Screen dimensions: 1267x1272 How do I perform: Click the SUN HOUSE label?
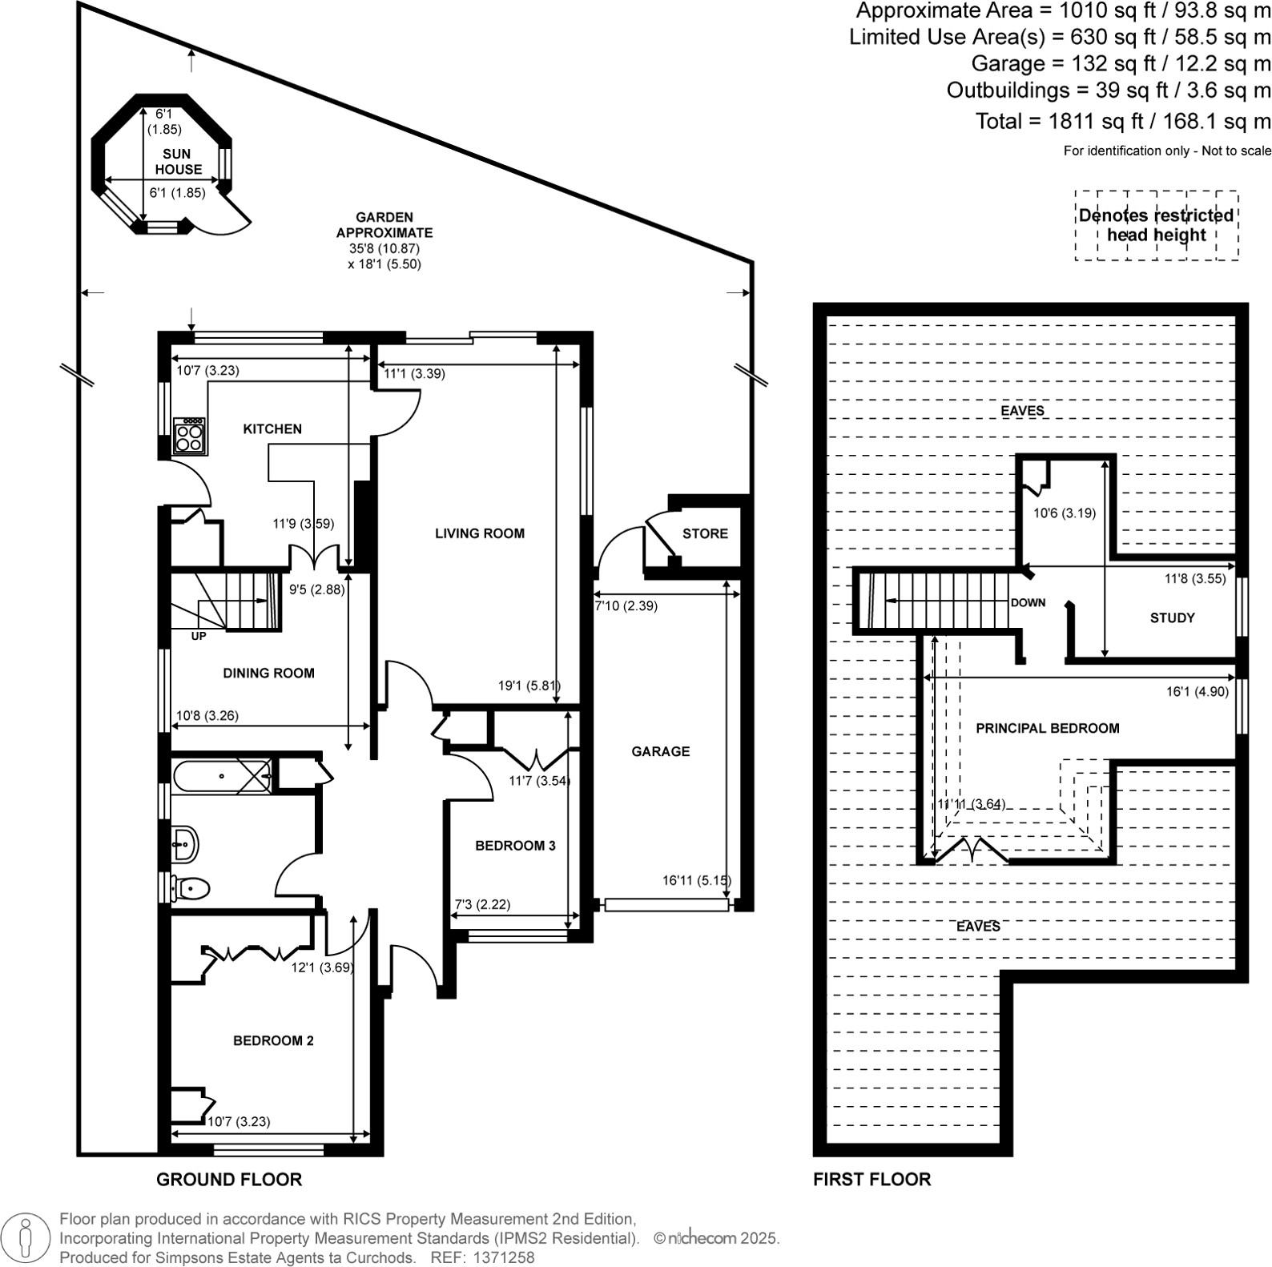click(177, 162)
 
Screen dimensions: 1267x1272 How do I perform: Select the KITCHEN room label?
click(272, 429)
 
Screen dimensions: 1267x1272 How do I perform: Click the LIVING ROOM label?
click(480, 533)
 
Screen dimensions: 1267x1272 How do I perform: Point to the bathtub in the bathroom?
click(220, 776)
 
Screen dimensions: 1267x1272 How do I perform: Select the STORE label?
click(705, 533)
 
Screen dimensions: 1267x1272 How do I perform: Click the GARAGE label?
click(660, 751)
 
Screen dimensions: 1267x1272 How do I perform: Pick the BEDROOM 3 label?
click(515, 846)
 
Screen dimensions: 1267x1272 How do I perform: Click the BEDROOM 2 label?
click(273, 1041)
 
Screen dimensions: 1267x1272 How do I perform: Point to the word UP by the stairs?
click(199, 637)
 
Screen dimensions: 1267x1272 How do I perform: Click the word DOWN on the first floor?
click(1028, 603)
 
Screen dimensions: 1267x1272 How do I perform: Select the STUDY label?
click(1172, 618)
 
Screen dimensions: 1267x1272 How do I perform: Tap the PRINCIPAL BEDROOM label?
click(1047, 729)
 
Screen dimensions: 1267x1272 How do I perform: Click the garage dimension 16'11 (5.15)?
click(696, 881)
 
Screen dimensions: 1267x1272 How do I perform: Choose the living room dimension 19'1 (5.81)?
click(529, 686)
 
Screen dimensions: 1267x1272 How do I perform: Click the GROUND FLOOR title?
click(229, 1180)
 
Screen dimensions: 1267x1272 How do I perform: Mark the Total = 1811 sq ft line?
click(1122, 122)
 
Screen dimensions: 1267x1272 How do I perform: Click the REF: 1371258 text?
click(482, 1257)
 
